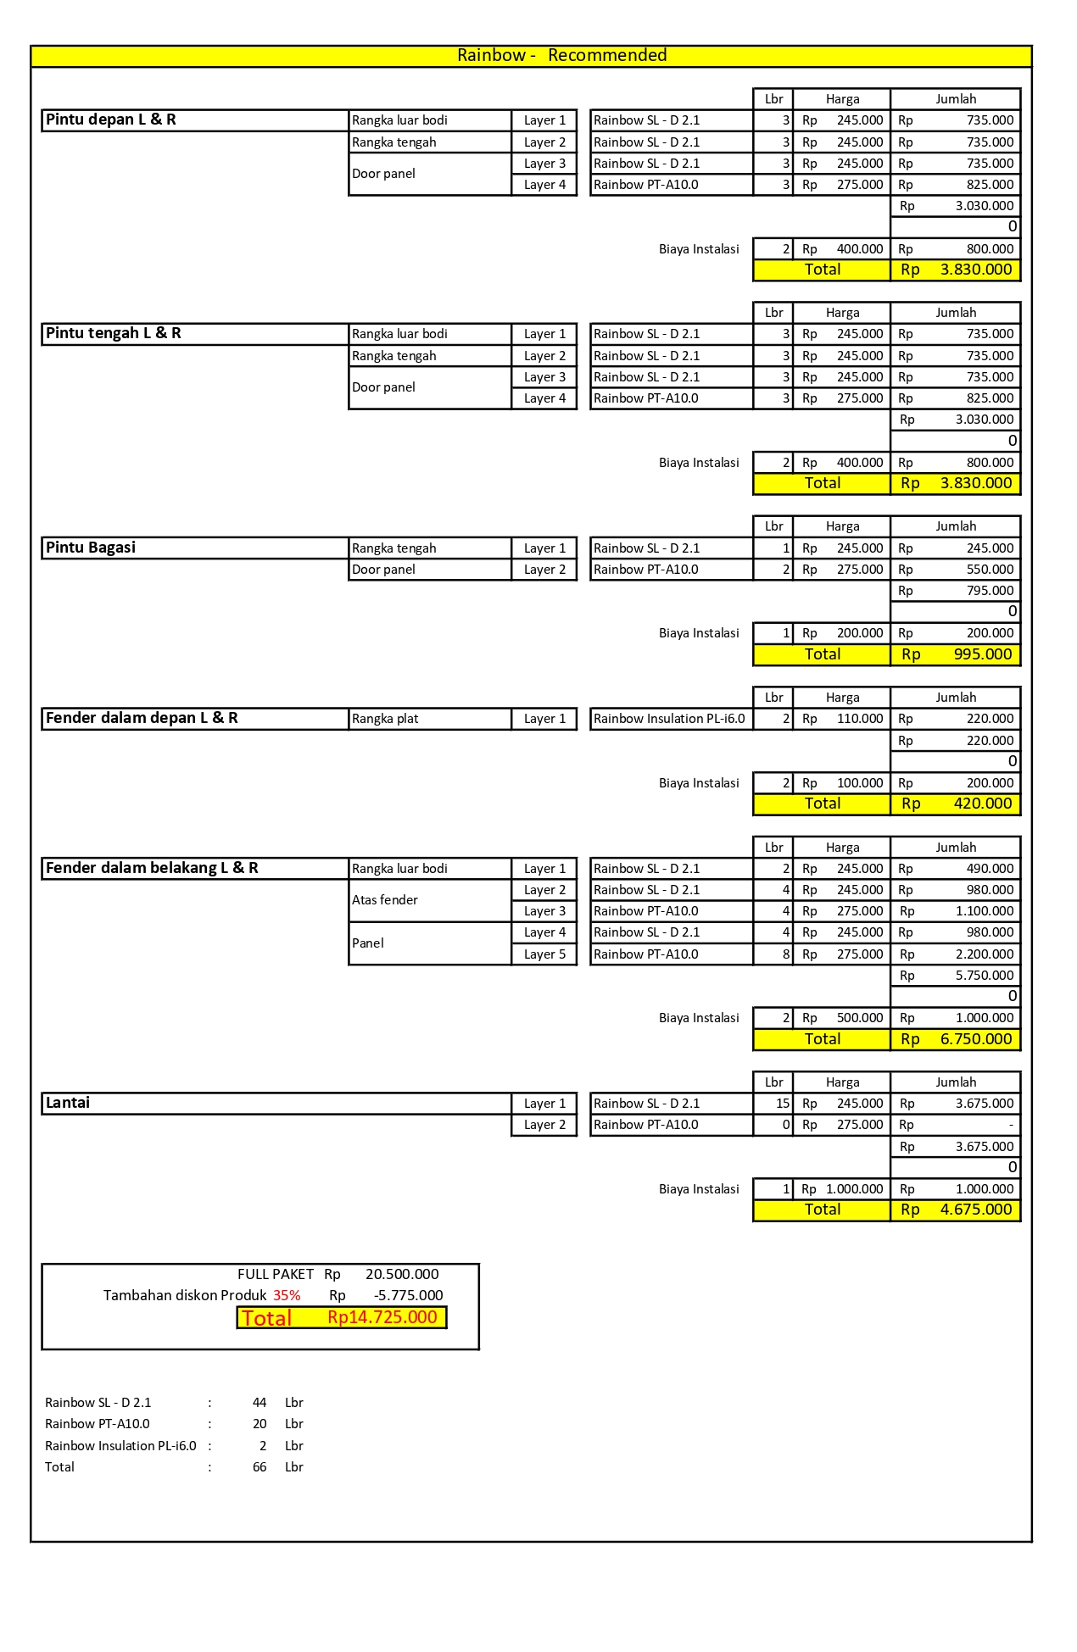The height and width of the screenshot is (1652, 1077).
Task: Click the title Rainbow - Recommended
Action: click(x=561, y=56)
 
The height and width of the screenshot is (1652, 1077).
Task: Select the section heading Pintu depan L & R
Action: click(x=111, y=120)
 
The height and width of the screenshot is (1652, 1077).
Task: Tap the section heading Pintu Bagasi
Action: click(x=91, y=548)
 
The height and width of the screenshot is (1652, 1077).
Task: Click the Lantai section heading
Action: click(x=68, y=1103)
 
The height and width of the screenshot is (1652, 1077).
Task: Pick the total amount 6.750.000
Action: click(x=975, y=1039)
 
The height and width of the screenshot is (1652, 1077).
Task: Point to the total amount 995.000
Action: click(x=982, y=654)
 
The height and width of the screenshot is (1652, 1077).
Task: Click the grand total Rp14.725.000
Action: click(x=382, y=1317)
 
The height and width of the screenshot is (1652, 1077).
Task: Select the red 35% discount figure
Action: click(x=287, y=1295)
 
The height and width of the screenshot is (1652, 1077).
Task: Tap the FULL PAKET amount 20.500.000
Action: click(x=402, y=1274)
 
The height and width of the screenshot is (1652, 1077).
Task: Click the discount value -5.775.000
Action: click(x=408, y=1295)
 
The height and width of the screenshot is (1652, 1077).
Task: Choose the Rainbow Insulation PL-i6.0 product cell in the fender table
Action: click(x=669, y=719)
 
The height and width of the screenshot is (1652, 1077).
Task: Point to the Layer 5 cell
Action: click(x=544, y=954)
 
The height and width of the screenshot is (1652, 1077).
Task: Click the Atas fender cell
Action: click(x=385, y=900)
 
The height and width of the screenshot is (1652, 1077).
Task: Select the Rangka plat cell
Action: click(x=385, y=719)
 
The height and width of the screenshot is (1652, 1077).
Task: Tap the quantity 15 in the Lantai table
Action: click(x=782, y=1104)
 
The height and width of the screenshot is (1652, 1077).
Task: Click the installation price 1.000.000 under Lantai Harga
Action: click(x=854, y=1189)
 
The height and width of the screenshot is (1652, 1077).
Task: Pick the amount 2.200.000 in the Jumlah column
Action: click(x=984, y=954)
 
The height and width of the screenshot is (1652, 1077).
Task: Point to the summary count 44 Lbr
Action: click(x=259, y=1403)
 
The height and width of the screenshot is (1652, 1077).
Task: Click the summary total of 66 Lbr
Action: click(x=259, y=1467)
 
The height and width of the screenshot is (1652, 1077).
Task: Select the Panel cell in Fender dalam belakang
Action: click(x=368, y=943)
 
